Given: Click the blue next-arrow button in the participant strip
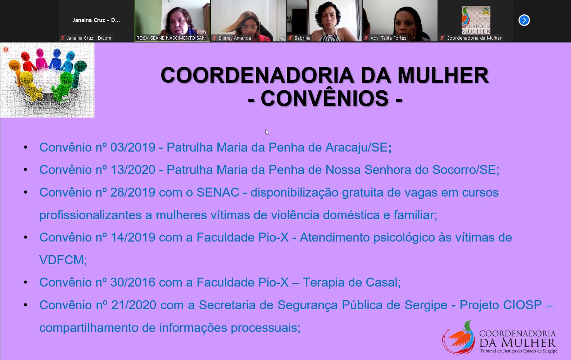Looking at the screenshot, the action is (524, 20).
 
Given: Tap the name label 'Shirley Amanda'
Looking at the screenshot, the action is (235, 38).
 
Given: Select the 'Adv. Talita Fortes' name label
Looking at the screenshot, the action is (388, 38).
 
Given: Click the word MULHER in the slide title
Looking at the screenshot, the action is (443, 75).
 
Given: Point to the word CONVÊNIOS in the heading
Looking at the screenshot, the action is (324, 98).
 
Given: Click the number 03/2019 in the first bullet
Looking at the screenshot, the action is (133, 147).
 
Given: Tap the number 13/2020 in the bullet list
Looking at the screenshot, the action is (133, 170).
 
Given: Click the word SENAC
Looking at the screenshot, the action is (218, 192).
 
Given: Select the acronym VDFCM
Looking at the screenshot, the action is (61, 260).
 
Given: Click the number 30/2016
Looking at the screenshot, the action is (133, 283).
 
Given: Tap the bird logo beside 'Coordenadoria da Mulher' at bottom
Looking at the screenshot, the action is (459, 337).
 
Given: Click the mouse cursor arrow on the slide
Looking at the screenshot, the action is (267, 132).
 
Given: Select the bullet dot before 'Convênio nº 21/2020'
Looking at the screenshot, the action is (26, 305).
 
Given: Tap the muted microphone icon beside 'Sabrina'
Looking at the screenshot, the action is (290, 38).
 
